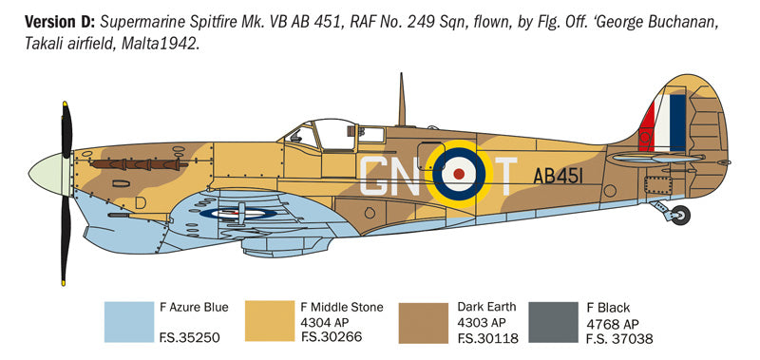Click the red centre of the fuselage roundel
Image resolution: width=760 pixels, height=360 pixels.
click(x=460, y=175)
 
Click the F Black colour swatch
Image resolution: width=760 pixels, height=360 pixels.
click(x=552, y=323)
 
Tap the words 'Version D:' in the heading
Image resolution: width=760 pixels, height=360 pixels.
click(x=45, y=21)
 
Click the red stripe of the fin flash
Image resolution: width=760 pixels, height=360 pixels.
click(x=649, y=128)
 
